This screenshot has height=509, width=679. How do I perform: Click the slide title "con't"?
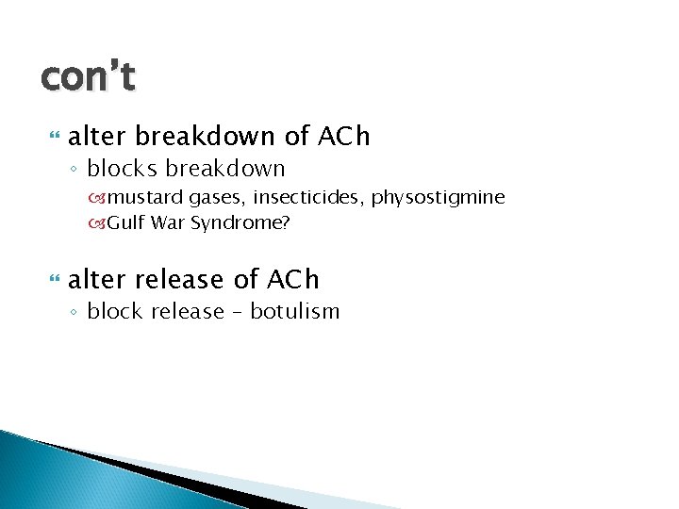[x=88, y=76]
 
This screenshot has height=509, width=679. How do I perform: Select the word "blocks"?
[x=120, y=170]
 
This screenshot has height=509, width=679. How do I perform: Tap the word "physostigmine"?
[x=439, y=198]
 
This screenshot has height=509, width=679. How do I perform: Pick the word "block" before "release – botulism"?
[x=115, y=312]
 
